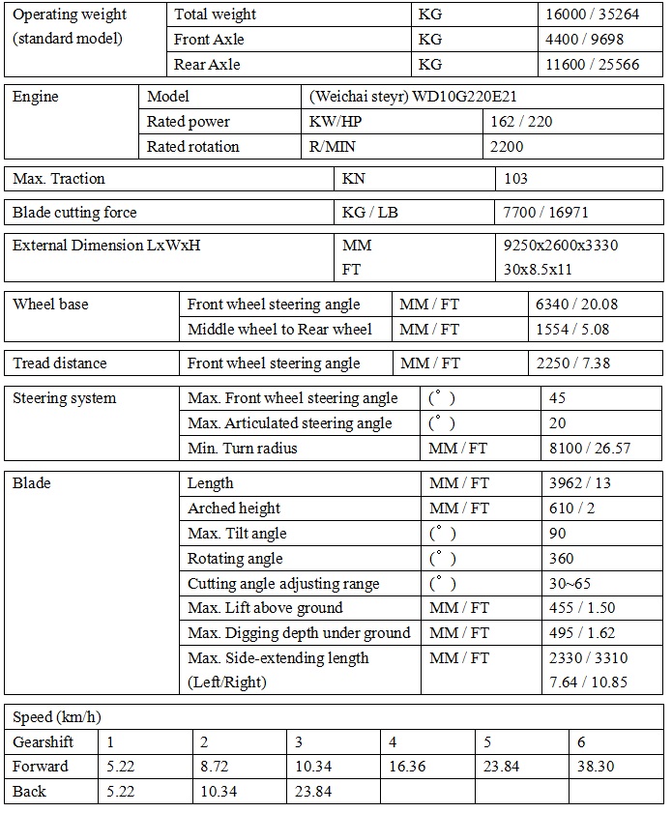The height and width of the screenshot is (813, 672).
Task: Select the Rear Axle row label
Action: [x=207, y=65]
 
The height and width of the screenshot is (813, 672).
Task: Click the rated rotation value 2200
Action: [x=507, y=147]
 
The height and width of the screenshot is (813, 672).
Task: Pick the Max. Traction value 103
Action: [x=516, y=179]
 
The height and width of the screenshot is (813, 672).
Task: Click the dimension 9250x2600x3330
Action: [x=561, y=246]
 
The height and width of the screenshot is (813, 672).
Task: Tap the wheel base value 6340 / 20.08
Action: [x=576, y=305]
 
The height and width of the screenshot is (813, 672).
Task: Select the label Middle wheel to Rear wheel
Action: [x=279, y=330]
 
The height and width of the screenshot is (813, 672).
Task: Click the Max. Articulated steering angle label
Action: [x=290, y=423]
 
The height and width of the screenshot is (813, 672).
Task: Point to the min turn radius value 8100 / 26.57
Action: [x=589, y=449]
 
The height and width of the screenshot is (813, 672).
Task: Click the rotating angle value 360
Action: [x=561, y=559]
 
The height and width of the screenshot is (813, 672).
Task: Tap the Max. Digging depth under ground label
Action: [x=299, y=633]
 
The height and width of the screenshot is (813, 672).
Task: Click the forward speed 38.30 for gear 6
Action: [x=596, y=767]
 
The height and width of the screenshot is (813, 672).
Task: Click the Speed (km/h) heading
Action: [x=57, y=717]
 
